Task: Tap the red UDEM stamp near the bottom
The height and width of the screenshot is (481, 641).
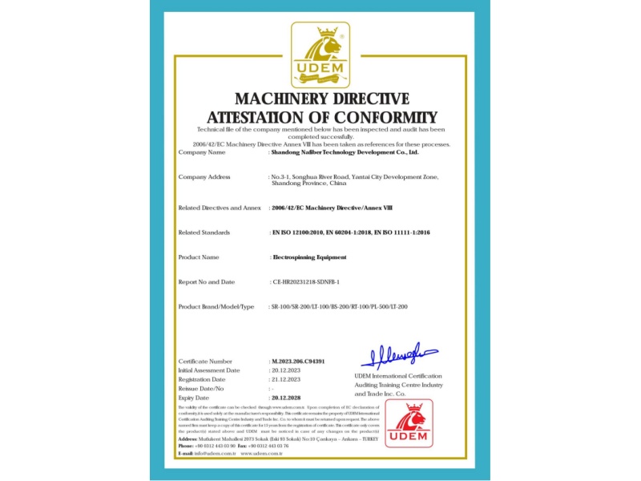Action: (409, 422)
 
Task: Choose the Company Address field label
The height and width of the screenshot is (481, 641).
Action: (204, 176)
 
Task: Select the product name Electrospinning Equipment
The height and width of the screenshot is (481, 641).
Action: (309, 257)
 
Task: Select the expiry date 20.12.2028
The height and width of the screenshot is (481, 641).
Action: (288, 397)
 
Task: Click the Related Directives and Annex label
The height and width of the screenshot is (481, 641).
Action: (220, 208)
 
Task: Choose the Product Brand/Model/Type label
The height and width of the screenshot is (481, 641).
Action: (216, 307)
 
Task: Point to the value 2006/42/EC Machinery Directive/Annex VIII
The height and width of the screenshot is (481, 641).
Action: (329, 208)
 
